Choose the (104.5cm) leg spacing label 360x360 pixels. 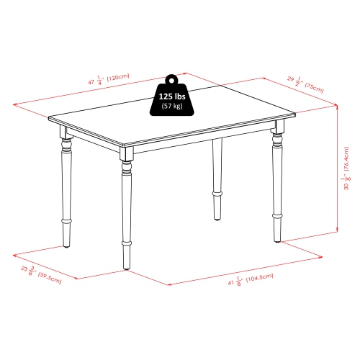(x=261, y=278)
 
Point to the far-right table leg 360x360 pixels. (x=276, y=187)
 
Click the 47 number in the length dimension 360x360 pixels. (x=91, y=83)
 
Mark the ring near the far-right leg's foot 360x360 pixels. (x=276, y=215)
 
